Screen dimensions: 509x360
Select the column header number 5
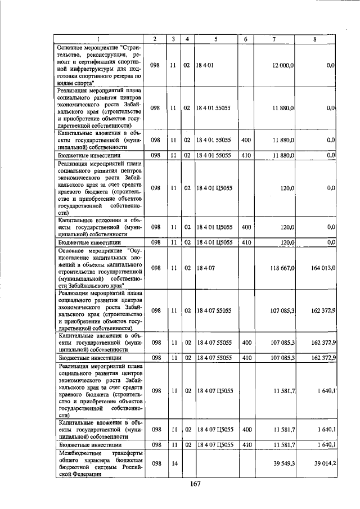coord(215,39)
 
